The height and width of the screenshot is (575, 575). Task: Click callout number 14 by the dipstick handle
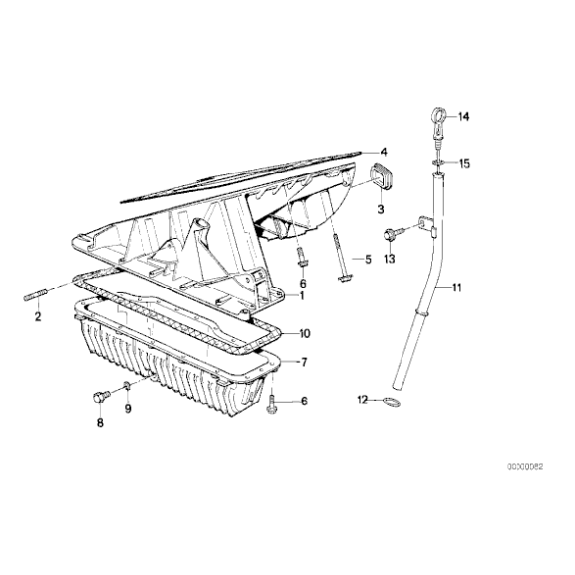click(463, 118)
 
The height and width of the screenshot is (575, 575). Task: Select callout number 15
click(463, 163)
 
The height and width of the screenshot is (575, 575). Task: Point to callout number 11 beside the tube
click(457, 288)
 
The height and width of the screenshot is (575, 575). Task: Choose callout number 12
click(363, 400)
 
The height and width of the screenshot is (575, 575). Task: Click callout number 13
click(390, 259)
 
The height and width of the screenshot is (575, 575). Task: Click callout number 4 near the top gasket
click(384, 152)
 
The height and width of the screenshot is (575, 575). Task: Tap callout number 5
click(367, 260)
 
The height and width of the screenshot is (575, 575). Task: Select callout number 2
click(38, 317)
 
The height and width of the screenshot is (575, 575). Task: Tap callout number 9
click(127, 409)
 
